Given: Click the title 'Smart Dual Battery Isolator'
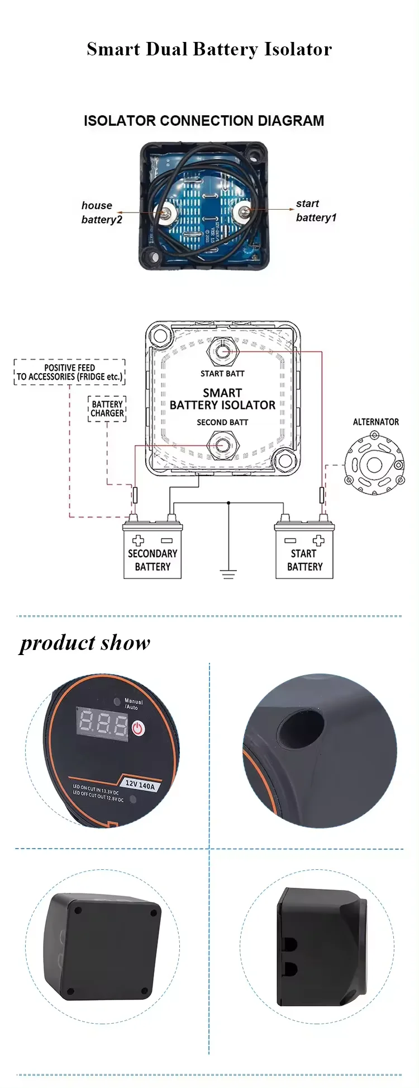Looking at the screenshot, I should [209, 49].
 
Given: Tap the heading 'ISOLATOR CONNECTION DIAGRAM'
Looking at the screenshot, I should [204, 121].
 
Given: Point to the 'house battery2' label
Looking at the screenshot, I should [101, 213].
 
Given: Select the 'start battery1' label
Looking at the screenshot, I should [316, 210].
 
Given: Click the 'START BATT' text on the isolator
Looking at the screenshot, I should [222, 374].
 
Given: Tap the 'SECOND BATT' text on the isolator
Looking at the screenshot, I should [222, 422].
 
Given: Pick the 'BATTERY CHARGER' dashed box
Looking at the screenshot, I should [107, 408].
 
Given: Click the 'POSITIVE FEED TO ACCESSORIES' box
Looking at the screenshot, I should [69, 373].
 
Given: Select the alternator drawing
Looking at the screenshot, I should [374, 464].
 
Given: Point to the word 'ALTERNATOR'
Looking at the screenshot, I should [375, 422].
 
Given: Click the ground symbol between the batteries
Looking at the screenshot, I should [228, 573].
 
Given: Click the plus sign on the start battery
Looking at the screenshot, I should [318, 540].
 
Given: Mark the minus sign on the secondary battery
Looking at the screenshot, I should [166, 541].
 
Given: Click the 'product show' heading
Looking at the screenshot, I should [85, 643].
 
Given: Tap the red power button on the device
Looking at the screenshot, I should [138, 728].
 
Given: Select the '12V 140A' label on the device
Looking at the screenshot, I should [140, 785].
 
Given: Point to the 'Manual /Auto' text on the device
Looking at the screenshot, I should [133, 704].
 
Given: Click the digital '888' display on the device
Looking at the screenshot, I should [102, 723].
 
